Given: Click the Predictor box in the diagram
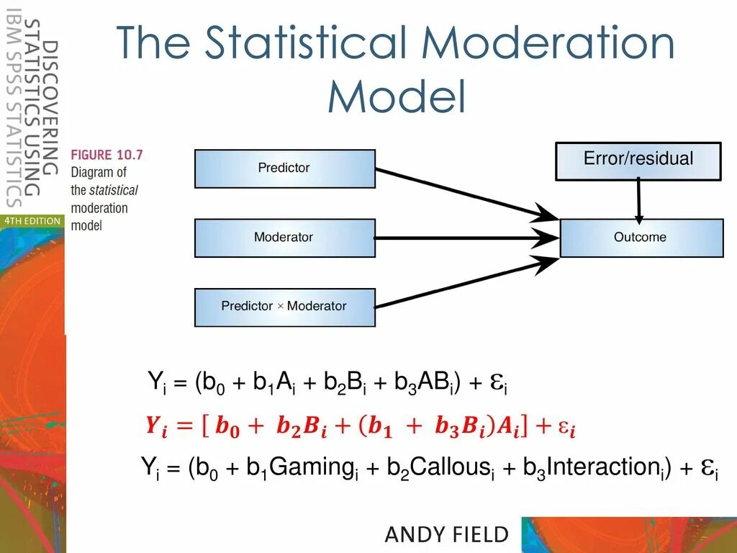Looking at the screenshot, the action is click(284, 168).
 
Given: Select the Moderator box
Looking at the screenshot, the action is click(284, 238).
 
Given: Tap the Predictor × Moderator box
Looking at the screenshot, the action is click(284, 307).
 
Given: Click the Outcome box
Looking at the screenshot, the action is click(641, 238).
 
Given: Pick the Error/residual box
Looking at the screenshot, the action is click(638, 160).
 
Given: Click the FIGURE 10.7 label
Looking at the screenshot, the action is click(107, 155).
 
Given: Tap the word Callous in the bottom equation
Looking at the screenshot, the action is click(447, 467).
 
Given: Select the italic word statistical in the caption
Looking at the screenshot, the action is click(113, 191).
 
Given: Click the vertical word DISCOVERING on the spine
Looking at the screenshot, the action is click(50, 107).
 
